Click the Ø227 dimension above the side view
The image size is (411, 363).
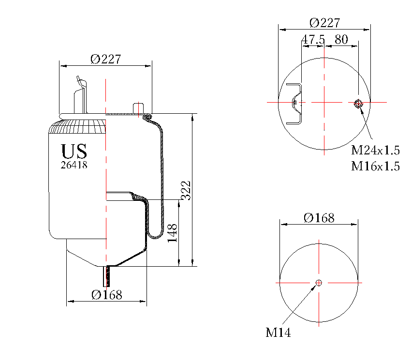pos(105,59)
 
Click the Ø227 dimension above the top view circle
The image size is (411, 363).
pos(324,23)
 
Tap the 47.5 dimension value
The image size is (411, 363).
pos(313,40)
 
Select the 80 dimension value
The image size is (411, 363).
pos(341,40)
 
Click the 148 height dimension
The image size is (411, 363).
pos(173,233)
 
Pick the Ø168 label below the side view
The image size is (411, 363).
pos(106,294)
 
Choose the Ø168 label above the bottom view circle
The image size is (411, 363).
pos(319,218)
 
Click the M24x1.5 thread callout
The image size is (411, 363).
pos(375,150)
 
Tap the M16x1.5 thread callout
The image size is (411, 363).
pos(375,166)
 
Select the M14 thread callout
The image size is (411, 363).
pos(278,333)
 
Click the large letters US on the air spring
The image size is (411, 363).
pos(74,151)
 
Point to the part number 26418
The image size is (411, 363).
pos(74,165)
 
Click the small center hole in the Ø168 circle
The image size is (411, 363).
pos(319,283)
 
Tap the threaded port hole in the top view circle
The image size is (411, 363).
pos(358,103)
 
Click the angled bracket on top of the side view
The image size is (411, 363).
pos(79,94)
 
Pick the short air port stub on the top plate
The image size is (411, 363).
pos(138,108)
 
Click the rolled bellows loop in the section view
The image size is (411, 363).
pos(156,235)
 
